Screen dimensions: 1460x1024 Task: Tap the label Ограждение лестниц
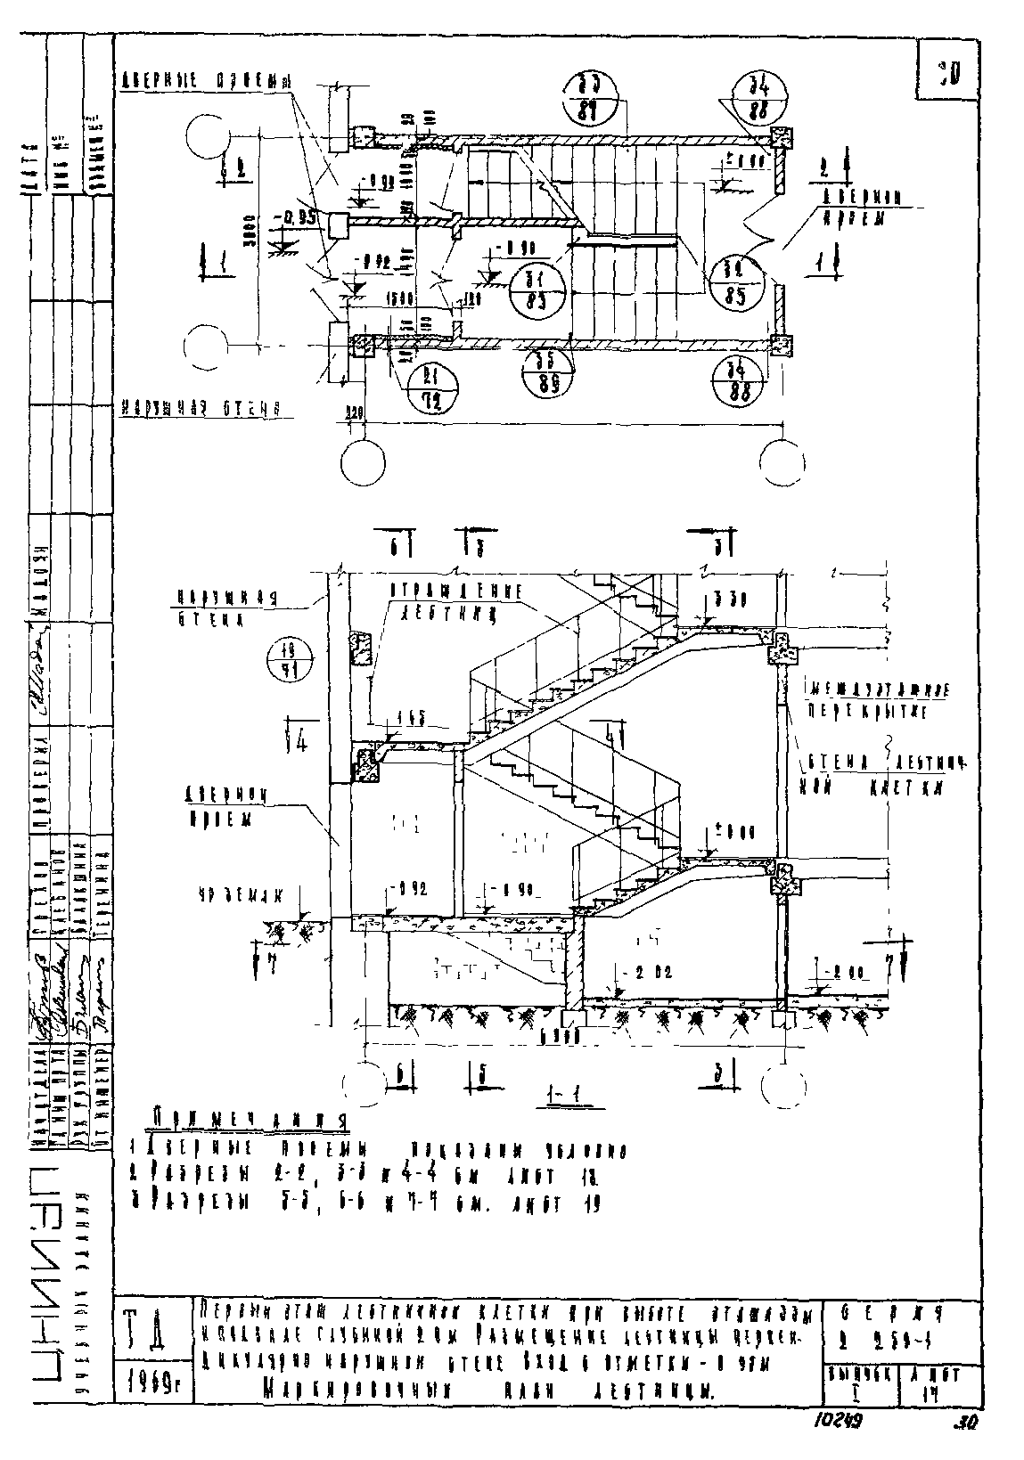click(x=455, y=601)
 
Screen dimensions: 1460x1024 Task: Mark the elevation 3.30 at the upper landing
click(x=729, y=598)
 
